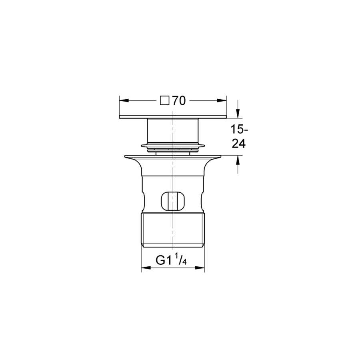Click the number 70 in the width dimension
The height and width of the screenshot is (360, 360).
pyautogui.click(x=179, y=100)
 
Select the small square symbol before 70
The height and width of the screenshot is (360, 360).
pyautogui.click(x=165, y=100)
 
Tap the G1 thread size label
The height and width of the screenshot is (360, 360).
pyautogui.click(x=164, y=260)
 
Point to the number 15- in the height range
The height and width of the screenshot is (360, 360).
pyautogui.click(x=239, y=130)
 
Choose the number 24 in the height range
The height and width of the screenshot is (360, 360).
pyautogui.click(x=239, y=144)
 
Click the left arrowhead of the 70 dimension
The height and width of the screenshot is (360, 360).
pyautogui.click(x=124, y=100)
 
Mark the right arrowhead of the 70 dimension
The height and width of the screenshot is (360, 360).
pyautogui.click(x=222, y=100)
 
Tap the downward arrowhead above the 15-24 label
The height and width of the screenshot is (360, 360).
pyautogui.click(x=238, y=114)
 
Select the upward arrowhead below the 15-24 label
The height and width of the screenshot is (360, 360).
pyautogui.click(x=238, y=160)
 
